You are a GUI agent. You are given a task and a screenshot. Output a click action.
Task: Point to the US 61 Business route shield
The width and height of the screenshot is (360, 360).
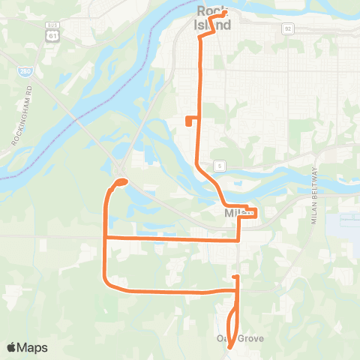point(51,33)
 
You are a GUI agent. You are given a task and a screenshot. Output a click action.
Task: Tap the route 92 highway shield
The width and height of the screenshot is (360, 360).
point(287,28)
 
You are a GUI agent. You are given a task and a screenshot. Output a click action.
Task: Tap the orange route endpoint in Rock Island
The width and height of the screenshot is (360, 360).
point(224,13)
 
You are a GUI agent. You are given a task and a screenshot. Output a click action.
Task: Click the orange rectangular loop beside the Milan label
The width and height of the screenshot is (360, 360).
point(250,212)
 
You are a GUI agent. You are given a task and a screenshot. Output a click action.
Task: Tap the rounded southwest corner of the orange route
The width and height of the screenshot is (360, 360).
point(109,284)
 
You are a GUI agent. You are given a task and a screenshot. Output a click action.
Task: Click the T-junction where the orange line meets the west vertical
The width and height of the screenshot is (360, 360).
point(104,237)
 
